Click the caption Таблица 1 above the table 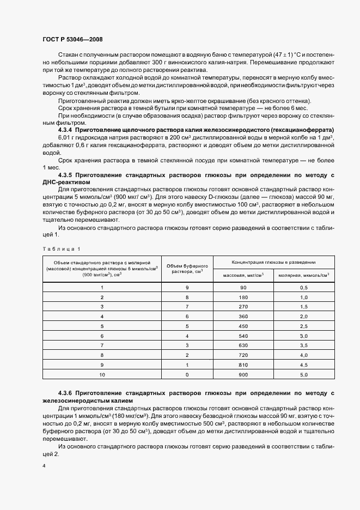pyautogui.click(x=60, y=248)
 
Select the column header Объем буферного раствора pyautogui.click(x=187, y=268)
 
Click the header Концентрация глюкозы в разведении pyautogui.click(x=274, y=262)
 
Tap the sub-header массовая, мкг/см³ pyautogui.click(x=243, y=275)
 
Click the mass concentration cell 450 pyautogui.click(x=243, y=326)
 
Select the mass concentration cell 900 pyautogui.click(x=243, y=375)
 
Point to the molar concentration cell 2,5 pyautogui.click(x=304, y=326)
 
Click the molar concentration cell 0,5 pyautogui.click(x=304, y=287)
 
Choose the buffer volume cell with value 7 pyautogui.click(x=187, y=307)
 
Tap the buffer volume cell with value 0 pyautogui.click(x=187, y=375)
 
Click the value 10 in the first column pyautogui.click(x=101, y=375)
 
